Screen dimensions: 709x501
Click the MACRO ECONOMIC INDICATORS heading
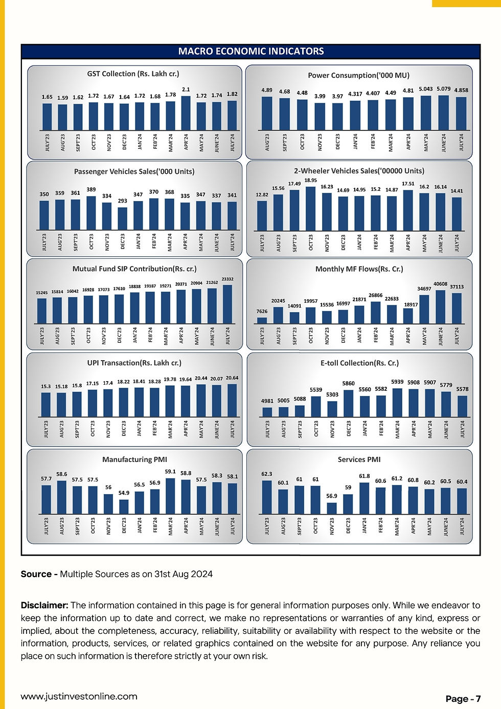click(250, 51)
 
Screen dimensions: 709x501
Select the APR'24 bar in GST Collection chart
click(186, 113)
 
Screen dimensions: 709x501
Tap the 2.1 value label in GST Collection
click(186, 90)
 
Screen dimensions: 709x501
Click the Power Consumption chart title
click(358, 75)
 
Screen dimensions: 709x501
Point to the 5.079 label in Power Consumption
click(443, 89)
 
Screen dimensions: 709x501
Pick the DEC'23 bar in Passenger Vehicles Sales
click(122, 218)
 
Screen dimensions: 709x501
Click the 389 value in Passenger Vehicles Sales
click(91, 189)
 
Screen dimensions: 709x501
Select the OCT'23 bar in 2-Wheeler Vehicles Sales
click(310, 209)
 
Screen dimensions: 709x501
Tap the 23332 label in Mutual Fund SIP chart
click(227, 279)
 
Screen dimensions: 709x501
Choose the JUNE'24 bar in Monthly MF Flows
click(440, 307)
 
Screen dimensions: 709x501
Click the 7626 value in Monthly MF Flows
click(262, 311)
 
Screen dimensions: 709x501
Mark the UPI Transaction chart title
click(134, 363)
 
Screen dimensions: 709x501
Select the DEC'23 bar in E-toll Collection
click(349, 404)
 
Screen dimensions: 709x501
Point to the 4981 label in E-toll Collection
click(267, 401)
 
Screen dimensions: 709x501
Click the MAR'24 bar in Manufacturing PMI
click(170, 496)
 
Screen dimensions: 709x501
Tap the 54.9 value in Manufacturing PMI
click(124, 493)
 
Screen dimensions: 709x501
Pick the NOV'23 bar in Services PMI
click(332, 508)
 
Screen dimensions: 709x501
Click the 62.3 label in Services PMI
click(266, 474)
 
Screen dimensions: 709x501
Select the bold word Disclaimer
click(44, 605)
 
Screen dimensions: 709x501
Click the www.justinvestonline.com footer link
click(79, 696)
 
